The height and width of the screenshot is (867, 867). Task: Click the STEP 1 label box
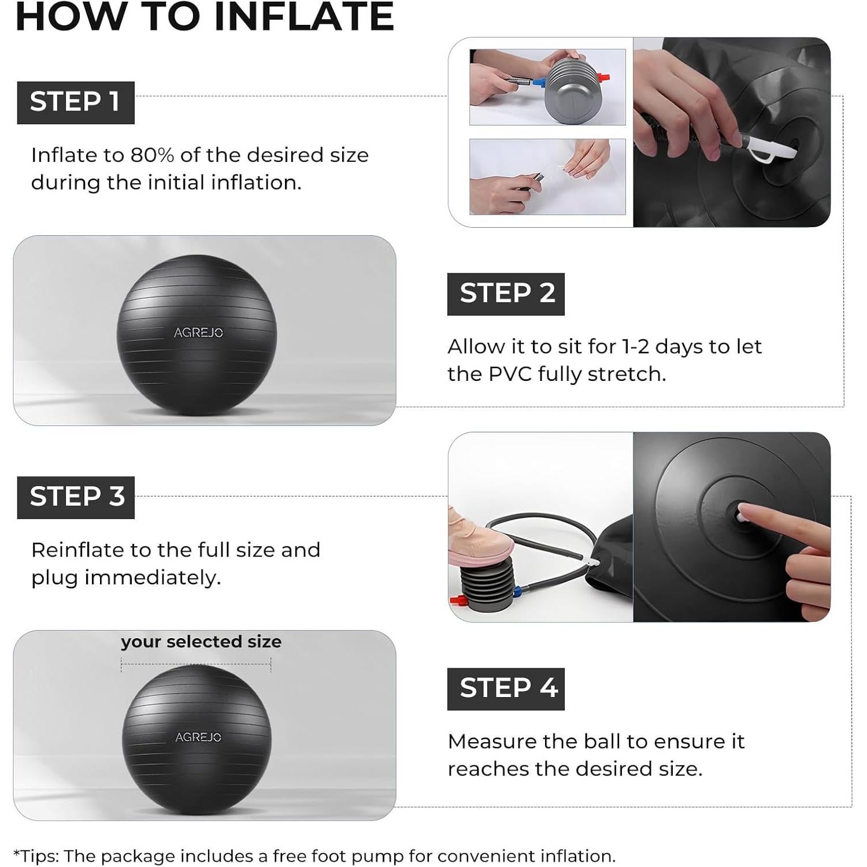(x=75, y=102)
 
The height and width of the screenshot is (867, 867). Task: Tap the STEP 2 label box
(x=506, y=294)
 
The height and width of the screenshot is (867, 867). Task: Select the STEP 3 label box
(x=76, y=497)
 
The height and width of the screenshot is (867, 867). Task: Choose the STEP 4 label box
(x=506, y=689)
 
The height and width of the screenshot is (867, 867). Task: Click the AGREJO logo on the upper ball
(x=198, y=333)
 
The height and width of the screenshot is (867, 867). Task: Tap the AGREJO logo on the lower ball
(x=198, y=738)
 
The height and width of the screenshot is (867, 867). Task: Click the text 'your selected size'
(x=201, y=642)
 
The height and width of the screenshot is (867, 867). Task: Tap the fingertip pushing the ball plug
(x=749, y=510)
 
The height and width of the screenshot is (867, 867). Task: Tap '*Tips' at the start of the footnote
(x=36, y=856)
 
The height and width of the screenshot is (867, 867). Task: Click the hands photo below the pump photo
(x=547, y=177)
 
